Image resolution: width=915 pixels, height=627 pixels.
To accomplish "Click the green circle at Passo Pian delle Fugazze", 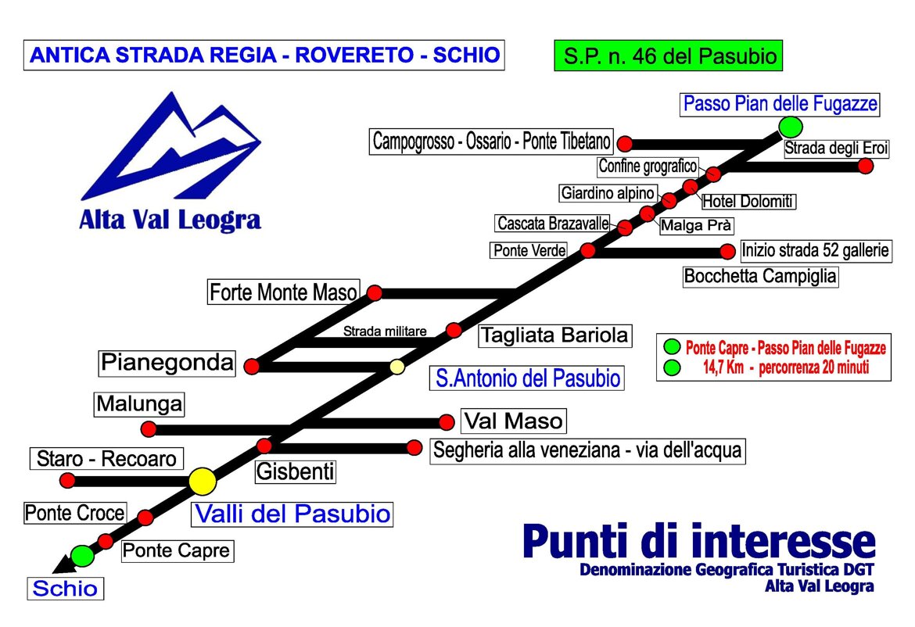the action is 791,127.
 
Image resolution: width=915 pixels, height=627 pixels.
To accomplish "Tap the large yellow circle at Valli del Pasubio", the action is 203,482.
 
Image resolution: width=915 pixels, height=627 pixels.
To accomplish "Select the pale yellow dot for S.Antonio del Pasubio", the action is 397,367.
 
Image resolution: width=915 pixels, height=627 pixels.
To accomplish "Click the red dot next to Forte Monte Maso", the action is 375,293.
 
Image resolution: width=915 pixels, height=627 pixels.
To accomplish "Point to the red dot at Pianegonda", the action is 252,367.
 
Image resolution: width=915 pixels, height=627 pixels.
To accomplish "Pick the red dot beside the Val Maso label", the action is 447,421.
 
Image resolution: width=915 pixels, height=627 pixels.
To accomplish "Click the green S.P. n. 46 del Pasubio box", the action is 668,56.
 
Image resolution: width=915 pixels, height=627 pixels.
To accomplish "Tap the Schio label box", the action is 66,589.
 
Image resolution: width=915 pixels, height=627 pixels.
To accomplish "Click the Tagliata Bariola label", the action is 555,336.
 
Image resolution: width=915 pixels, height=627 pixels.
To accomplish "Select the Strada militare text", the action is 385,331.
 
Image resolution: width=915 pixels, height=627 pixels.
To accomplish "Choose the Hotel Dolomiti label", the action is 748,201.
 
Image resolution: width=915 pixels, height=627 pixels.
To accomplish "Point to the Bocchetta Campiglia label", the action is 760,276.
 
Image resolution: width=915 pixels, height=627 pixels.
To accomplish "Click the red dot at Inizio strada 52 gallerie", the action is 727,252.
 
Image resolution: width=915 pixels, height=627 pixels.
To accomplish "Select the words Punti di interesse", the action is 699,541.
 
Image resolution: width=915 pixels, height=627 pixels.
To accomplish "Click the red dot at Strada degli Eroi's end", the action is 866,167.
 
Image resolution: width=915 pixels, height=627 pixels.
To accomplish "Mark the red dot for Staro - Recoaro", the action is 68,481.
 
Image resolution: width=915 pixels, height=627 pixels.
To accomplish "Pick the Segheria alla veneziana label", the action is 587,451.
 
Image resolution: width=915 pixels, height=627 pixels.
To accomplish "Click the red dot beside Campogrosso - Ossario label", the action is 625,144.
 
